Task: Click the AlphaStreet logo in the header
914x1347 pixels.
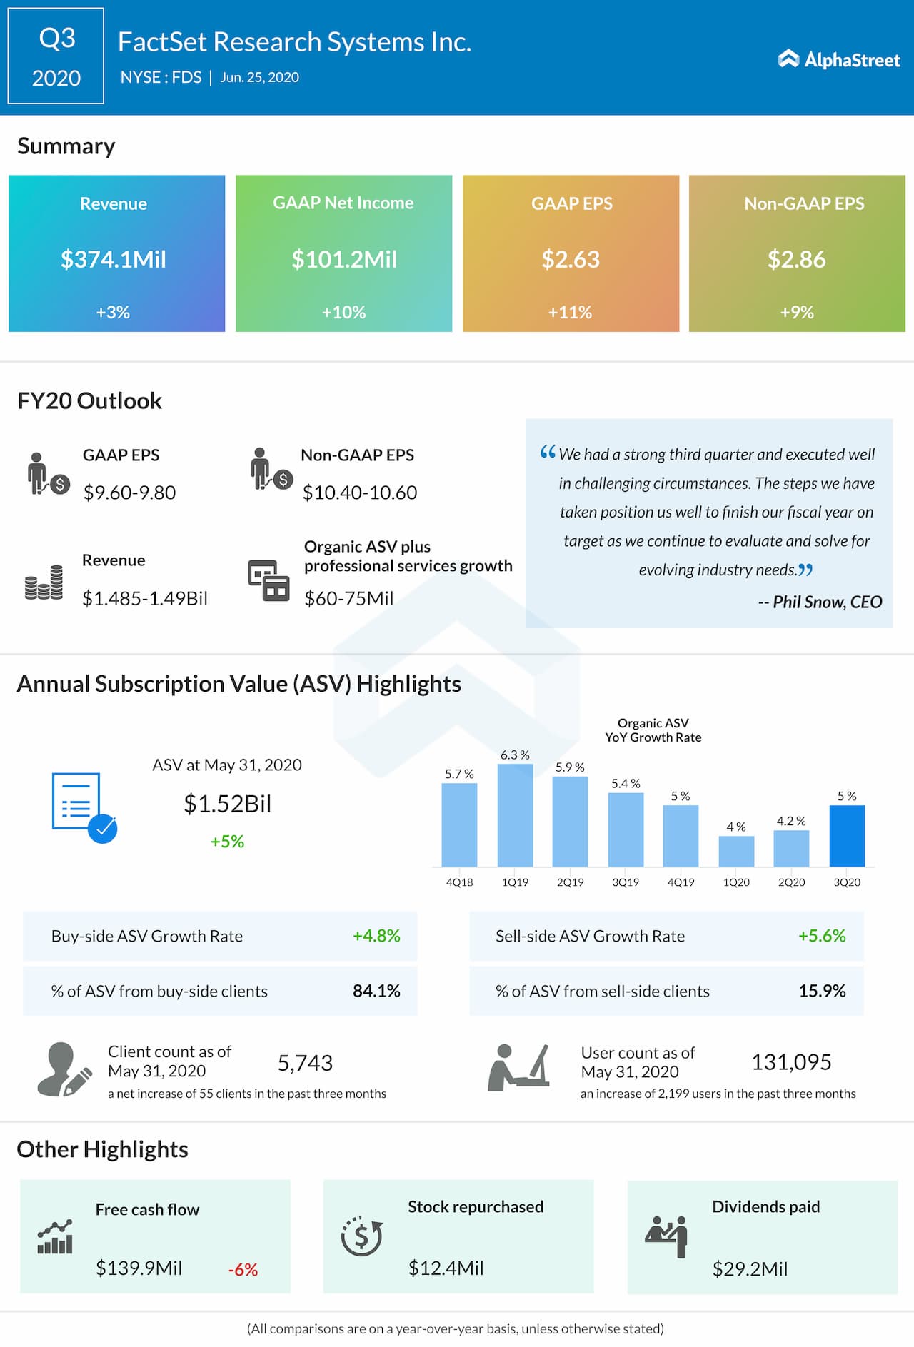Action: click(839, 59)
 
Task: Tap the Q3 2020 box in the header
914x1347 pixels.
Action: click(56, 56)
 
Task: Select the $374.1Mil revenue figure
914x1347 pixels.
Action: click(114, 259)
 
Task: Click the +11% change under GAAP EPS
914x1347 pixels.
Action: click(570, 312)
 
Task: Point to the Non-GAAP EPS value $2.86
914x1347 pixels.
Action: click(796, 259)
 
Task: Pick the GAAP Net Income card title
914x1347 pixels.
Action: click(343, 203)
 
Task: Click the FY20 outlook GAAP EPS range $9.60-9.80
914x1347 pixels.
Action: click(129, 493)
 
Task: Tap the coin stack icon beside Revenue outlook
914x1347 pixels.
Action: click(44, 582)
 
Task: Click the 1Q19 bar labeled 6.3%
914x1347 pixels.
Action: click(515, 815)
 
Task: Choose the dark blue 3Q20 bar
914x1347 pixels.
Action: click(847, 835)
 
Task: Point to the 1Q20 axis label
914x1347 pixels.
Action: click(736, 882)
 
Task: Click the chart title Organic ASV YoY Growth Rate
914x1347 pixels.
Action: click(653, 730)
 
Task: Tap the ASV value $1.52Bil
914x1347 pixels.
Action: click(228, 804)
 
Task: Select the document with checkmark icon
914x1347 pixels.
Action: click(83, 807)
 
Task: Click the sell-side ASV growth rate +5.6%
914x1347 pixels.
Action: click(822, 936)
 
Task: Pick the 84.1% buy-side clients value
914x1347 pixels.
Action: click(376, 991)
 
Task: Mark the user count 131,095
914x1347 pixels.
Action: click(791, 1062)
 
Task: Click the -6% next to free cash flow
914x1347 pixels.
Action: click(243, 1270)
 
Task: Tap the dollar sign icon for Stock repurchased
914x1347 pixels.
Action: click(361, 1236)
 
